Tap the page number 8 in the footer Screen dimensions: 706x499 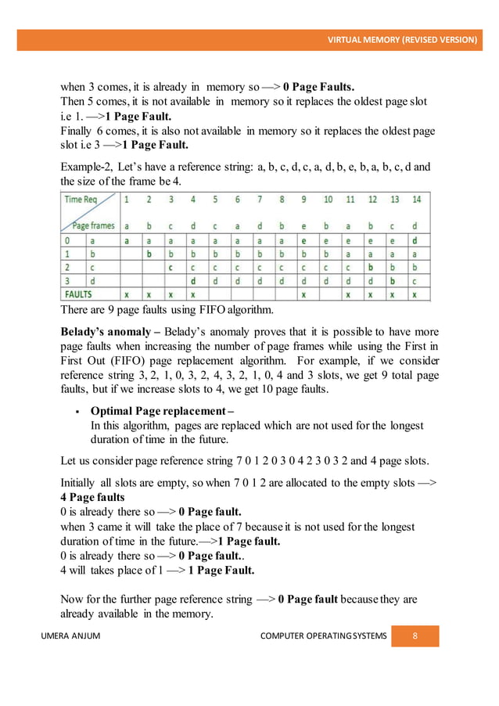415,636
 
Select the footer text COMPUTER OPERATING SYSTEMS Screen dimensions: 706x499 323,636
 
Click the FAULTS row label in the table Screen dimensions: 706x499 83,296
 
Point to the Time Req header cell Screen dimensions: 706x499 82,200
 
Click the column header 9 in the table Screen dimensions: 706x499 303,200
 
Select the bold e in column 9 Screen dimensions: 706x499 303,240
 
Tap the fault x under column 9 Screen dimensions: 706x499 303,296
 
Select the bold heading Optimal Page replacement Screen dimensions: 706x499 162,411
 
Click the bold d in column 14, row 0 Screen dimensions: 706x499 415,240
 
